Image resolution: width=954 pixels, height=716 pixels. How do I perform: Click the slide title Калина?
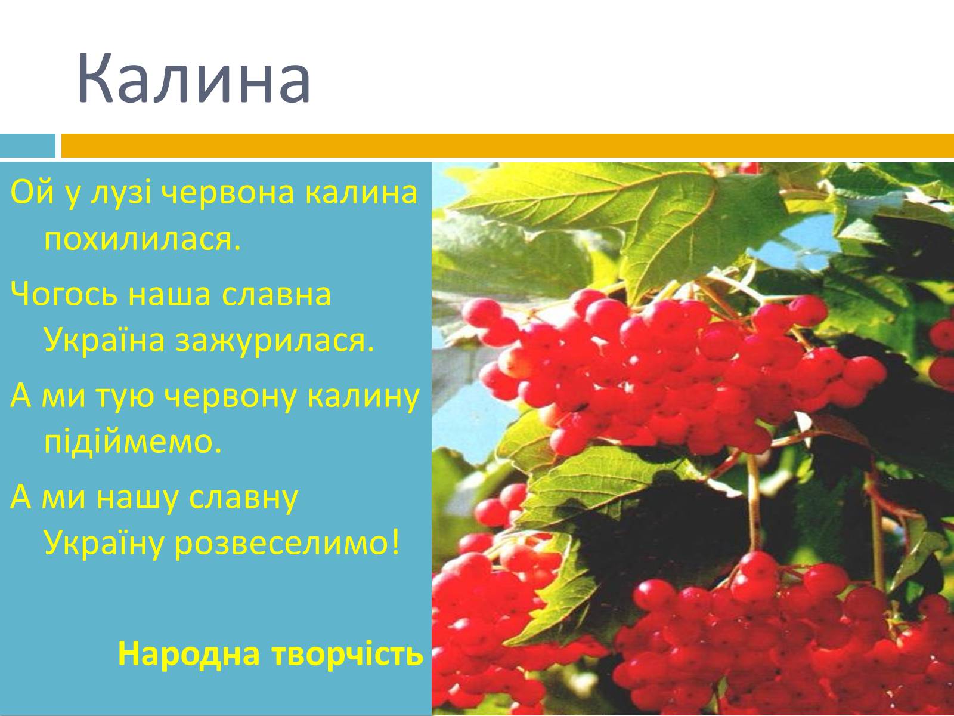click(194, 78)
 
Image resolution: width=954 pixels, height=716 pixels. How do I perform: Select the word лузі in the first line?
click(121, 193)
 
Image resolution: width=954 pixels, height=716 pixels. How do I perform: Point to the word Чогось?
click(64, 294)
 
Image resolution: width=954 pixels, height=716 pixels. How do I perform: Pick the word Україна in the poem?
click(104, 340)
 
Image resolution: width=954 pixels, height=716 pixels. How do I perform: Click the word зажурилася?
click(275, 340)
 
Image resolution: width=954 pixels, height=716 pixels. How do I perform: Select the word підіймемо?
click(133, 442)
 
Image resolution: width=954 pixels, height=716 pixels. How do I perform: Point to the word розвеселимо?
click(287, 544)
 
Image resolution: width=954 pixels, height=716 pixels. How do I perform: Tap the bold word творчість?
click(348, 654)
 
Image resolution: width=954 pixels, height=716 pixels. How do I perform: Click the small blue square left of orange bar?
click(28, 145)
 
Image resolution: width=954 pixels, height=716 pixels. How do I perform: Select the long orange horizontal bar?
click(507, 145)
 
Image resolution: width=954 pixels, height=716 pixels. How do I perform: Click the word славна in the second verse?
click(277, 295)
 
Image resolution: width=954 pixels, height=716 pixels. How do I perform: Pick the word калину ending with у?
click(363, 396)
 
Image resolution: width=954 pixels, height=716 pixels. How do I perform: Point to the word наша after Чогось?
click(169, 295)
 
